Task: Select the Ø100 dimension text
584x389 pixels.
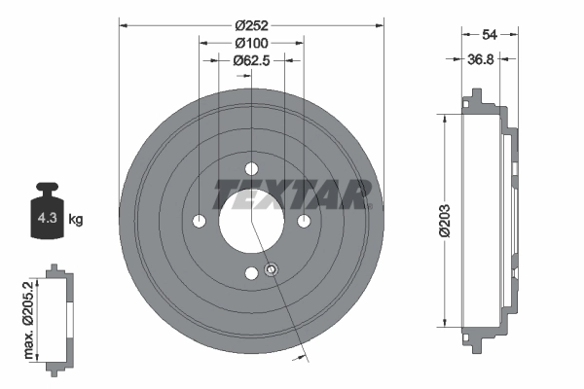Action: coord(251,42)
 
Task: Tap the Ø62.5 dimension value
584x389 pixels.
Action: coord(251,60)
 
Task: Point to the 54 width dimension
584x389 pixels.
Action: coord(489,33)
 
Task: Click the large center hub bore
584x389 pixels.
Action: coord(251,220)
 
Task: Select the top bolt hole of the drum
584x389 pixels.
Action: coord(251,167)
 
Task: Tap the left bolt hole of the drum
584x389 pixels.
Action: coord(200,221)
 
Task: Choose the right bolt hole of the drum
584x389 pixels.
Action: coord(304,221)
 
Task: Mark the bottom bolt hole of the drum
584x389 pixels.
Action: coord(251,273)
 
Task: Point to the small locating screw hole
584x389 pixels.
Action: coord(272,269)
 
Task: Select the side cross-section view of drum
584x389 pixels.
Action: coord(487,220)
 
